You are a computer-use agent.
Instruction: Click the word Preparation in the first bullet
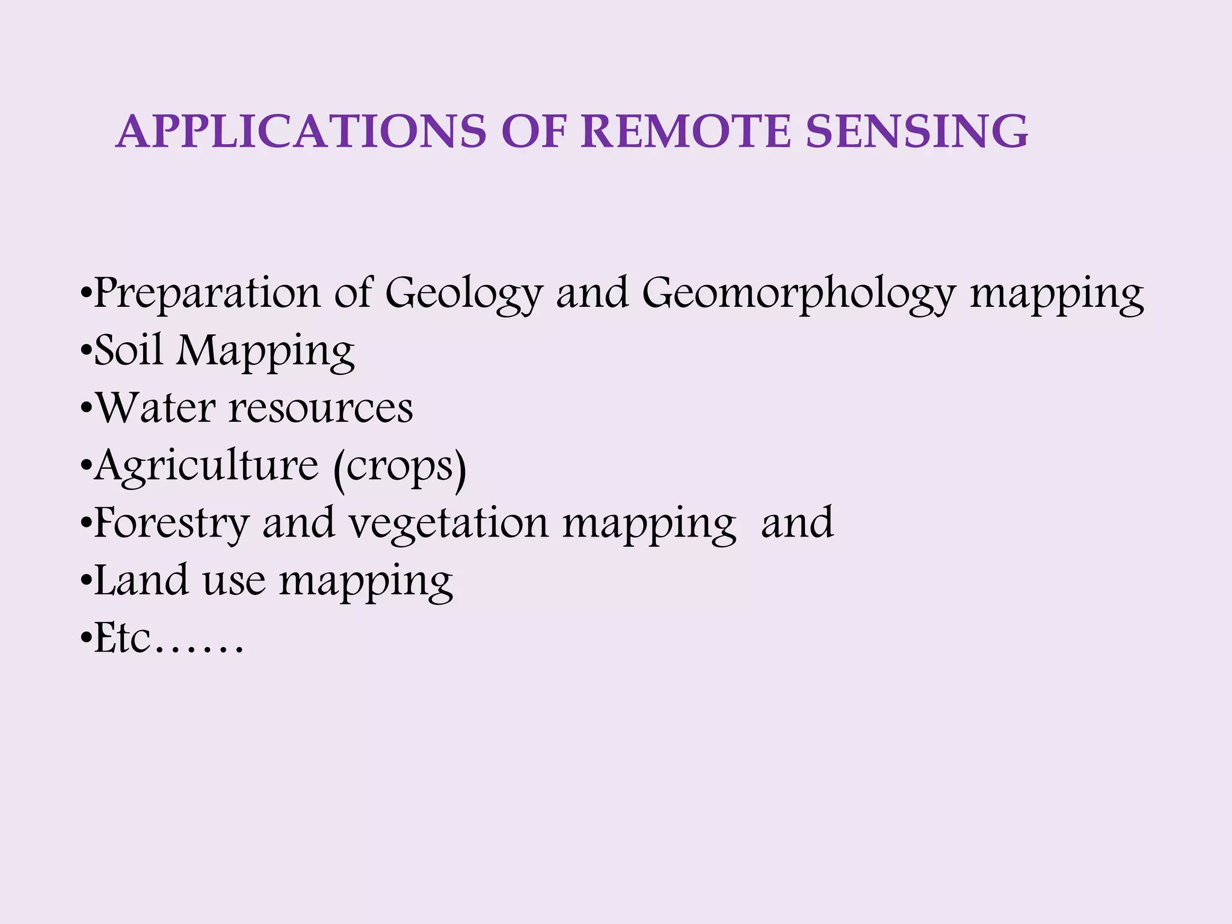point(208,294)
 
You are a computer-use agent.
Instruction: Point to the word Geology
point(464,294)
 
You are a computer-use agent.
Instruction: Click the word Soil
point(129,350)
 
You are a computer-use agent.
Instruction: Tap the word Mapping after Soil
point(265,351)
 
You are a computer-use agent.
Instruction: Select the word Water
point(156,408)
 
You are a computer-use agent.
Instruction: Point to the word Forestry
point(171,523)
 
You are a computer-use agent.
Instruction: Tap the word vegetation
point(449,523)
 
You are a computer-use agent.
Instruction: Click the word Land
point(141,580)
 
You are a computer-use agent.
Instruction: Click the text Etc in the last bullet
point(123,639)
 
